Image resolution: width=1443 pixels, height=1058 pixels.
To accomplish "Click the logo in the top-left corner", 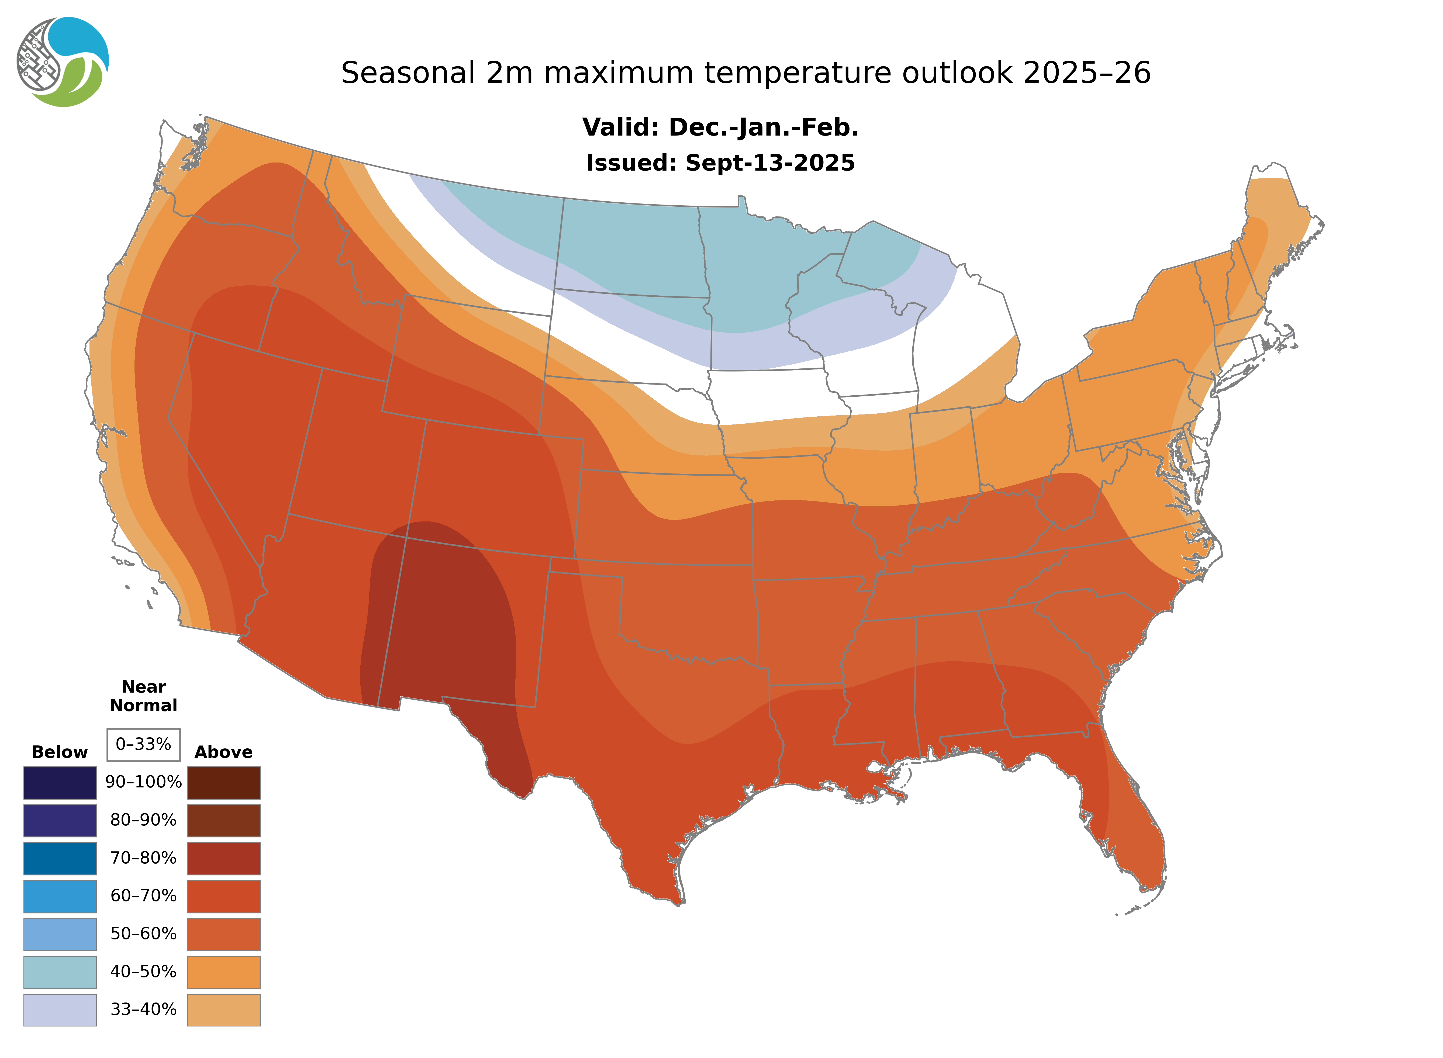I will click(x=63, y=62).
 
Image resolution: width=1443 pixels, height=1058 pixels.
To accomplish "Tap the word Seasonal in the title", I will click(x=407, y=73).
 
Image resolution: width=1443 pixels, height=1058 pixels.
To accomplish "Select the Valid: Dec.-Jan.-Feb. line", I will click(x=720, y=127).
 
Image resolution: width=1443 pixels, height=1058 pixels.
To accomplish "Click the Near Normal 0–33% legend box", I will click(x=143, y=744).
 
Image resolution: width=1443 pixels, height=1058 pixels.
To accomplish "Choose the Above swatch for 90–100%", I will click(x=223, y=783).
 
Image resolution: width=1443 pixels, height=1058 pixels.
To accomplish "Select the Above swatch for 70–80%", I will click(x=223, y=858).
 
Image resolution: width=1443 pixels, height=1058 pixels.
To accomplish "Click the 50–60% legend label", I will click(x=143, y=934).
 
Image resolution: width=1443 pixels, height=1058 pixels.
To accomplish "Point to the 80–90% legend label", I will click(x=143, y=820).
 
